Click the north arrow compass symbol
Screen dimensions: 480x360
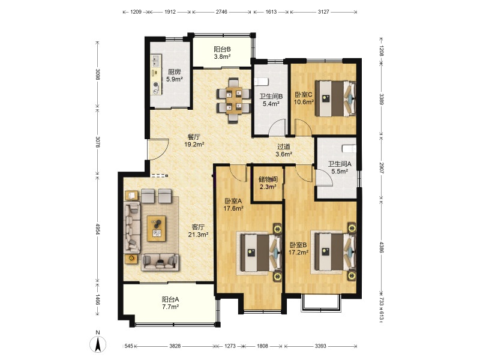98,344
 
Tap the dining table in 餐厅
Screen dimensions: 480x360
233,100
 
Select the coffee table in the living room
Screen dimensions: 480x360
157,229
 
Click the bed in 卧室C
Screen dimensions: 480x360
335,98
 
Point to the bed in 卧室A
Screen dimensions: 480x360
261,253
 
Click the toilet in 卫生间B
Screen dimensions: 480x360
261,82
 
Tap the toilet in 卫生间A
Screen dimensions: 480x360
349,148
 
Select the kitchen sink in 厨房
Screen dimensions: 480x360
156,61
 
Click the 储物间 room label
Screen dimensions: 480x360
268,179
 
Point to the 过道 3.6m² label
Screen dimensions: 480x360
284,151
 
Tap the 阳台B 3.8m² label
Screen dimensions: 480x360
222,53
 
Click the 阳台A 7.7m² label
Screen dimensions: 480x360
170,303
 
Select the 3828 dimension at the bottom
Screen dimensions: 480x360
175,346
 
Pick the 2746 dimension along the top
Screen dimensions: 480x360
221,12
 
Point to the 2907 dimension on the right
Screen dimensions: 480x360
381,168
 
